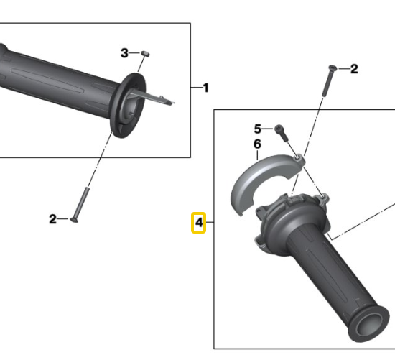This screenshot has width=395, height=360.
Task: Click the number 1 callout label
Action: [205, 88]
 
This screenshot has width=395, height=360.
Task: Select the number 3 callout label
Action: [124, 53]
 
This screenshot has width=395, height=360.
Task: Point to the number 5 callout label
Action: [258, 129]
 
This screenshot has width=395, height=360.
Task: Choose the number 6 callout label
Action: [258, 145]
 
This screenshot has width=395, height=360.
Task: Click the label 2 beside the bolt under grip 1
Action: [52, 219]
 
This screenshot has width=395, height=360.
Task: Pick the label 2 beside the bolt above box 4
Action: [353, 69]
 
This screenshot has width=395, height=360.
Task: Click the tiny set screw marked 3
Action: [144, 53]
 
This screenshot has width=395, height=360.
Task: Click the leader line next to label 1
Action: [195, 88]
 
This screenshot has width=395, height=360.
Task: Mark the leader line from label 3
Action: [135, 53]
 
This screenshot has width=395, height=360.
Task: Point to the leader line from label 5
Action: [269, 129]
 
